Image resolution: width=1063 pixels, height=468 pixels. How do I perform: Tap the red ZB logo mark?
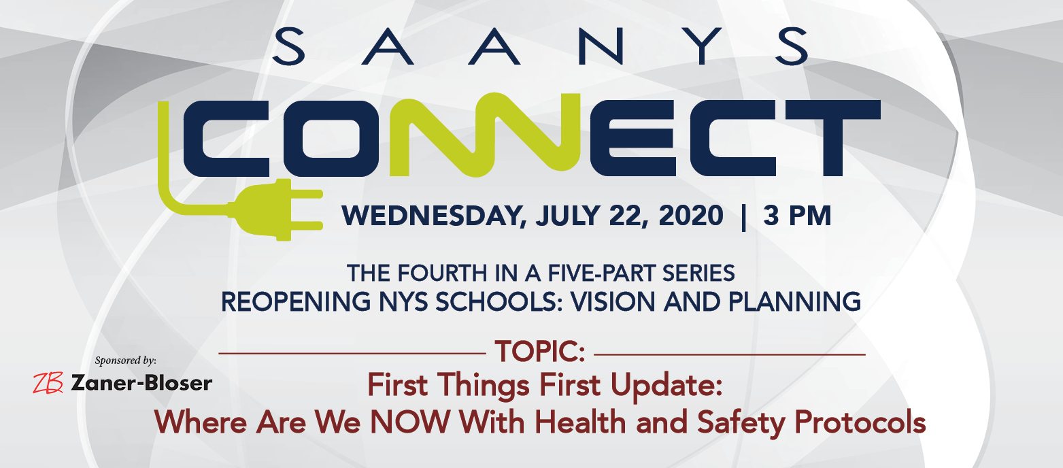pos(48,383)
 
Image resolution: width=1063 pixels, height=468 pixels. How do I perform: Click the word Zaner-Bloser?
pos(141,383)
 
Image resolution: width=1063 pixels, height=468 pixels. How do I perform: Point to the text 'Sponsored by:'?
pos(126,361)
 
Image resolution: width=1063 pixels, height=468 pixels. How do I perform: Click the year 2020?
pos(691,216)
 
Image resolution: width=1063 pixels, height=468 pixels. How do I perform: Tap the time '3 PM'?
pos(797,216)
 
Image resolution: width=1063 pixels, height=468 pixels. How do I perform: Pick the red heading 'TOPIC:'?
pos(540,352)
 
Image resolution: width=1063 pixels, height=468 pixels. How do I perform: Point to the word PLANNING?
pos(795,302)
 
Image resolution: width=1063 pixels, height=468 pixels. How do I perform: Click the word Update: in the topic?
pos(667,386)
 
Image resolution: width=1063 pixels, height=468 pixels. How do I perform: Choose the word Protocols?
pos(860,422)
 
